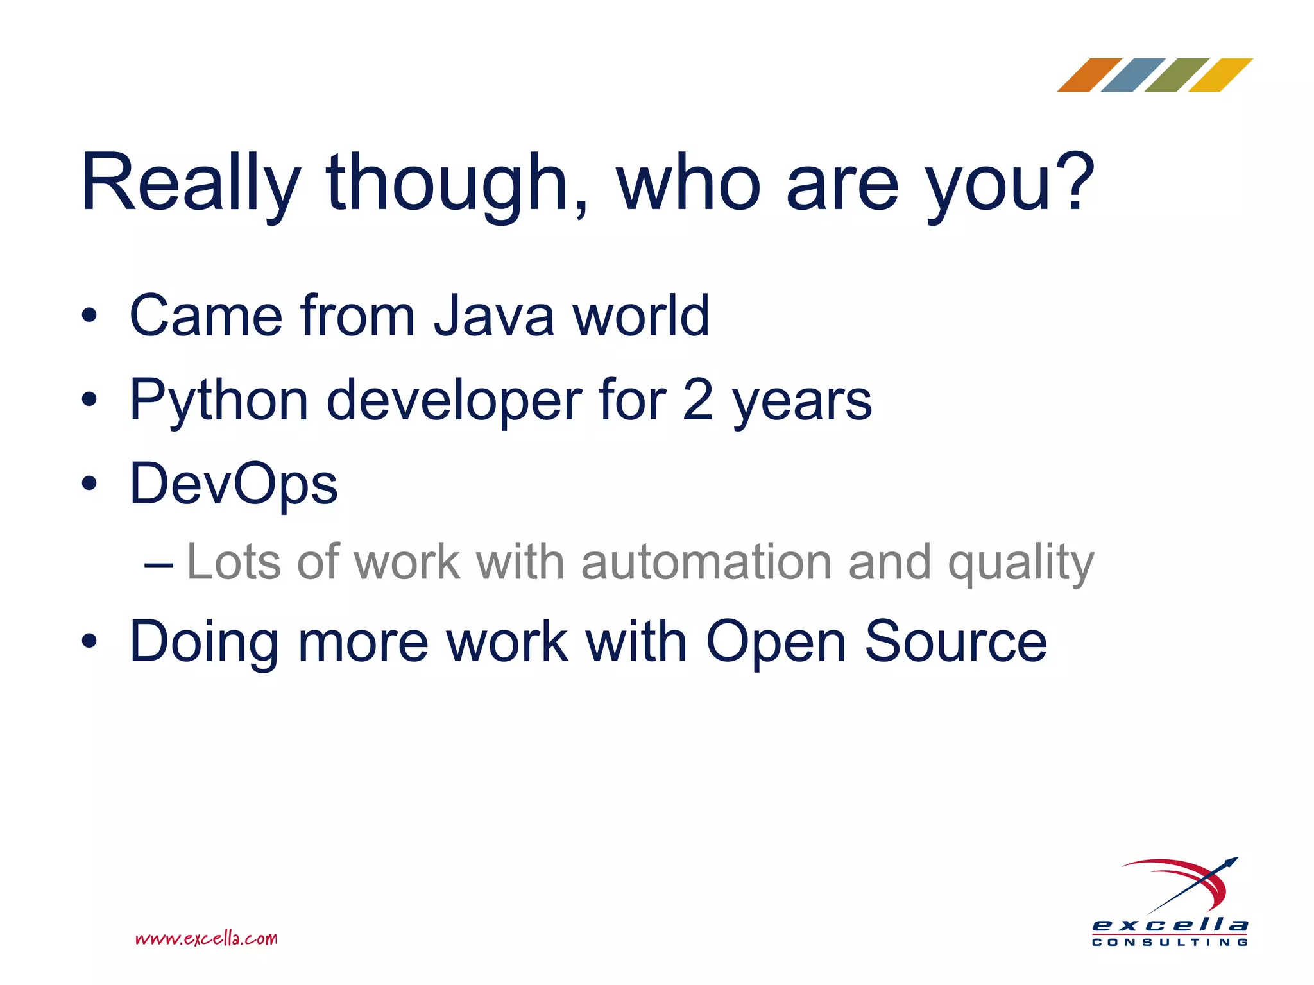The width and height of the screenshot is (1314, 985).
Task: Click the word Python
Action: pyautogui.click(x=219, y=401)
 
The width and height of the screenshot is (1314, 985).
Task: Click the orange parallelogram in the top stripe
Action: pyautogui.click(x=1089, y=75)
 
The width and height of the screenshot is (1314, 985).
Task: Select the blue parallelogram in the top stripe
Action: pyautogui.click(x=1132, y=75)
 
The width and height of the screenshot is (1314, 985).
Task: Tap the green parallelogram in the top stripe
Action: pyautogui.click(x=1176, y=75)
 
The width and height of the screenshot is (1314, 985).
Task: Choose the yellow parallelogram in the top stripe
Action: pyautogui.click(x=1220, y=75)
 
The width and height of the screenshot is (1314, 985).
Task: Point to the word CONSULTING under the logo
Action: pyautogui.click(x=1170, y=943)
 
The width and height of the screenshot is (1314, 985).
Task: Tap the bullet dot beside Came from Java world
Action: pyautogui.click(x=89, y=316)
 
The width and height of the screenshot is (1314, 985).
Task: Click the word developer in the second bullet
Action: pyautogui.click(x=454, y=401)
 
